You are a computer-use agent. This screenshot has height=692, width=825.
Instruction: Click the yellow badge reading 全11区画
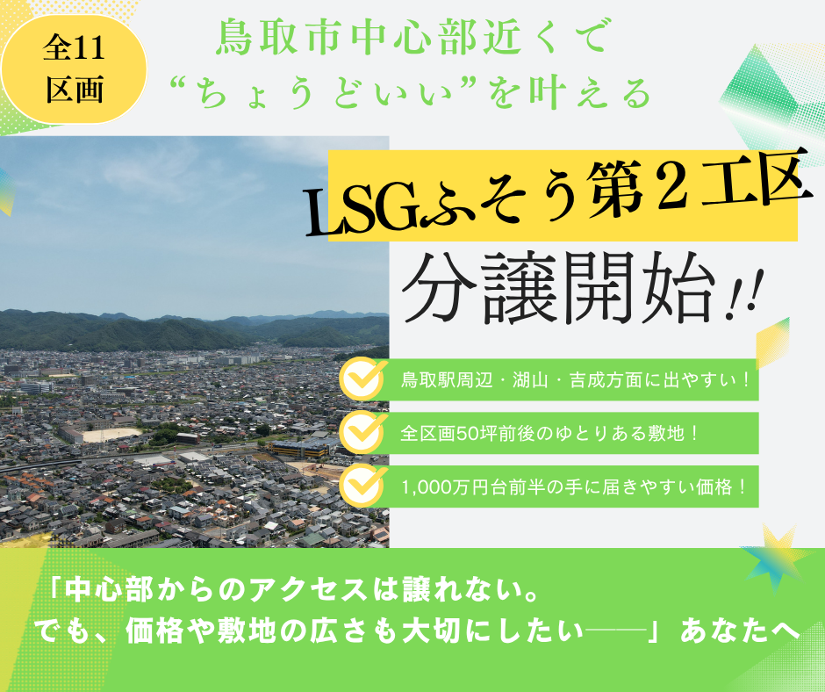coord(74,69)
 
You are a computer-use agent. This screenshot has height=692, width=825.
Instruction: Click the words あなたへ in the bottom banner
coord(741,631)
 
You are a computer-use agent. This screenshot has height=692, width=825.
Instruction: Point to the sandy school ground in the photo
coord(111,435)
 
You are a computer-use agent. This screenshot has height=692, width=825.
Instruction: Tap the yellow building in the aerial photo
coord(298,449)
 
